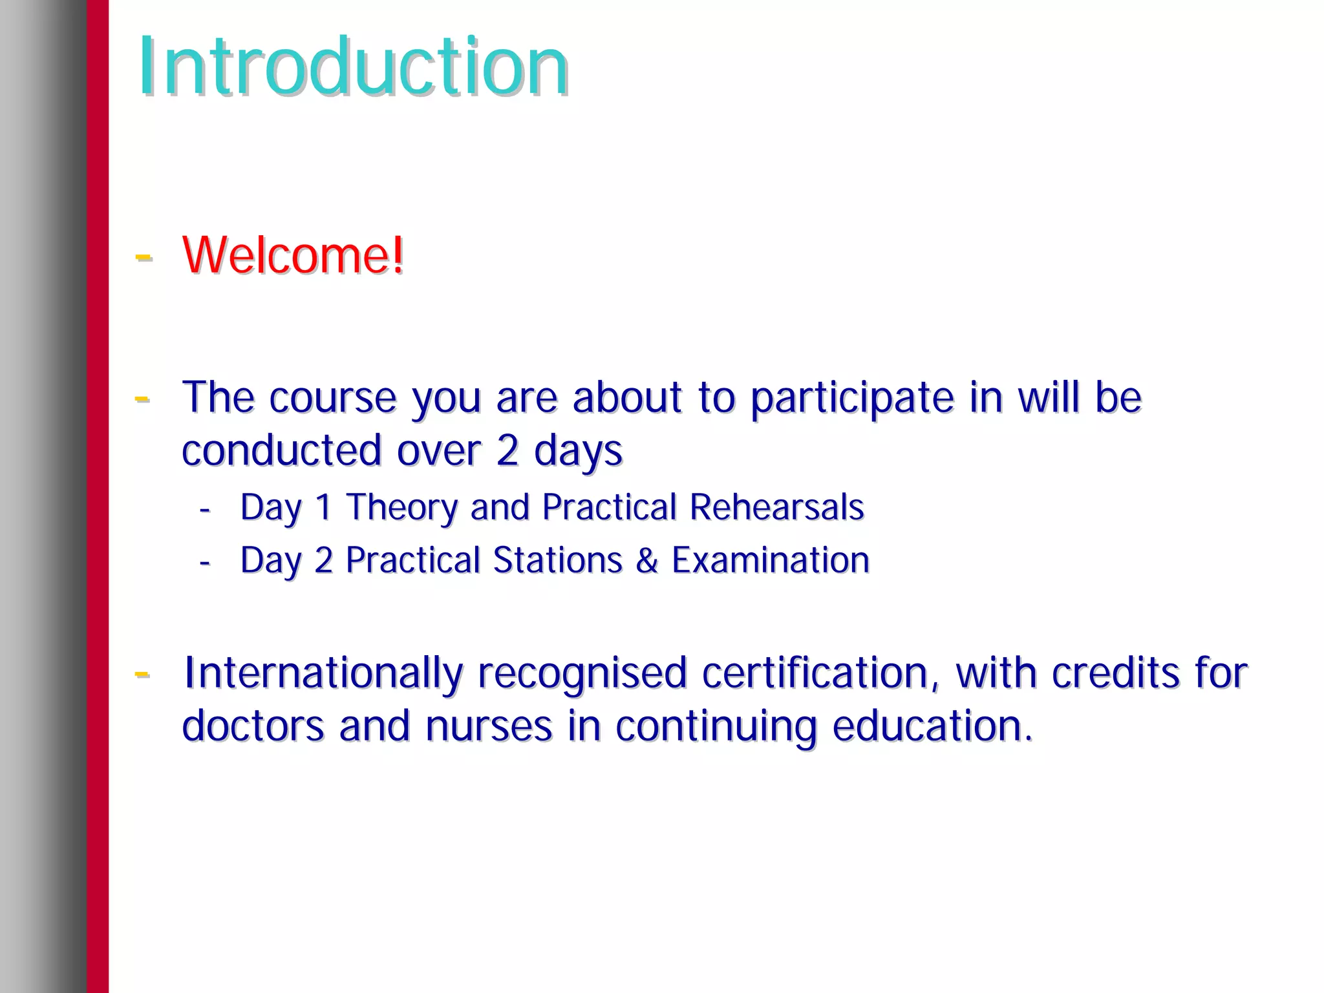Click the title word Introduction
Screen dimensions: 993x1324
point(353,67)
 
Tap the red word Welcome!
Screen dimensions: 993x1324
point(293,255)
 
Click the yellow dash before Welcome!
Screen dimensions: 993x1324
point(143,257)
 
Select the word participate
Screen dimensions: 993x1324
point(851,397)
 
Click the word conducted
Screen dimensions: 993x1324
point(281,450)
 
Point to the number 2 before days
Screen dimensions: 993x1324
point(507,450)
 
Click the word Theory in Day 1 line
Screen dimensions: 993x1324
point(401,507)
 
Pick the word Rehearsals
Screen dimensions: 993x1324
point(776,507)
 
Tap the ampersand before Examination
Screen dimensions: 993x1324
point(646,560)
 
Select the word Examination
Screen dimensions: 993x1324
point(771,560)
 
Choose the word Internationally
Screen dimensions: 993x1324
point(323,673)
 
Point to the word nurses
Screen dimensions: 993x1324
point(489,726)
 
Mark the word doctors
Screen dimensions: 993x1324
point(253,726)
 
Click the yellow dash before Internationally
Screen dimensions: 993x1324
point(142,674)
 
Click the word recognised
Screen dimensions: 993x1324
point(582,673)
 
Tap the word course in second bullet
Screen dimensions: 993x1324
point(332,397)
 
